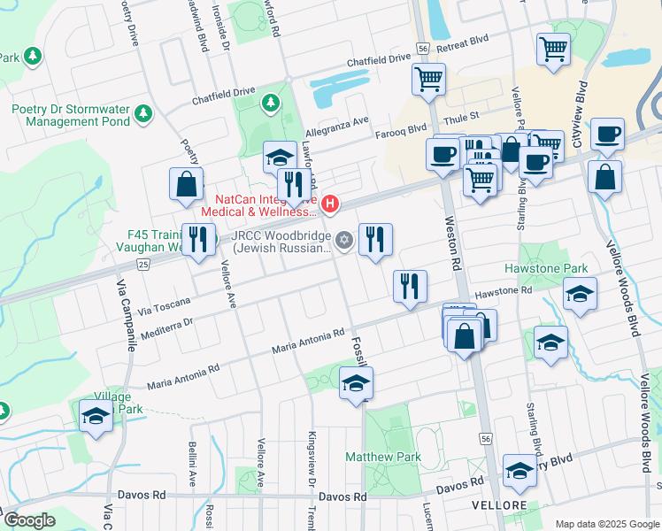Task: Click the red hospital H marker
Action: tap(330, 205)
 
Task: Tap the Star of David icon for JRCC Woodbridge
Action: tap(345, 240)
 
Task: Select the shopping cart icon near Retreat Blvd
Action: tap(553, 49)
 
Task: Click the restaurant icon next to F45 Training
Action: tap(198, 239)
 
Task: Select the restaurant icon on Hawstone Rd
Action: tap(410, 286)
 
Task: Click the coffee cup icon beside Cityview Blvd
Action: tap(607, 134)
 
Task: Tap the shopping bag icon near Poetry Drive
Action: tap(187, 184)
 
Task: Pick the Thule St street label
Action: tap(460, 116)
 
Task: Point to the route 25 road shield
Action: tap(143, 264)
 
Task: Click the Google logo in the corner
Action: tap(29, 520)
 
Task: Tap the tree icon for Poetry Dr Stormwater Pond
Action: tap(143, 113)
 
